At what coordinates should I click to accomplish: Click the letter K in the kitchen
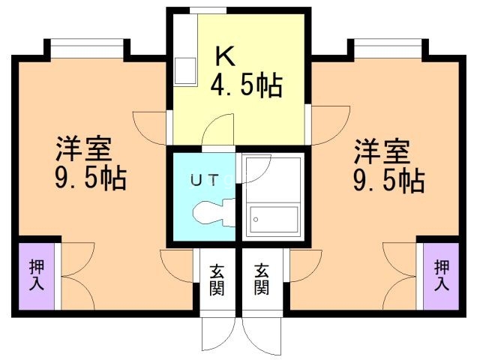tap(224, 56)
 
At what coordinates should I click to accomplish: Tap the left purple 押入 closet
tap(36, 274)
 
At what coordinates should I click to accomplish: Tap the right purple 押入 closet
tap(442, 274)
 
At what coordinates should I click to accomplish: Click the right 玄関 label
tap(261, 278)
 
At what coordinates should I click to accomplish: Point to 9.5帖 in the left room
tap(89, 179)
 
